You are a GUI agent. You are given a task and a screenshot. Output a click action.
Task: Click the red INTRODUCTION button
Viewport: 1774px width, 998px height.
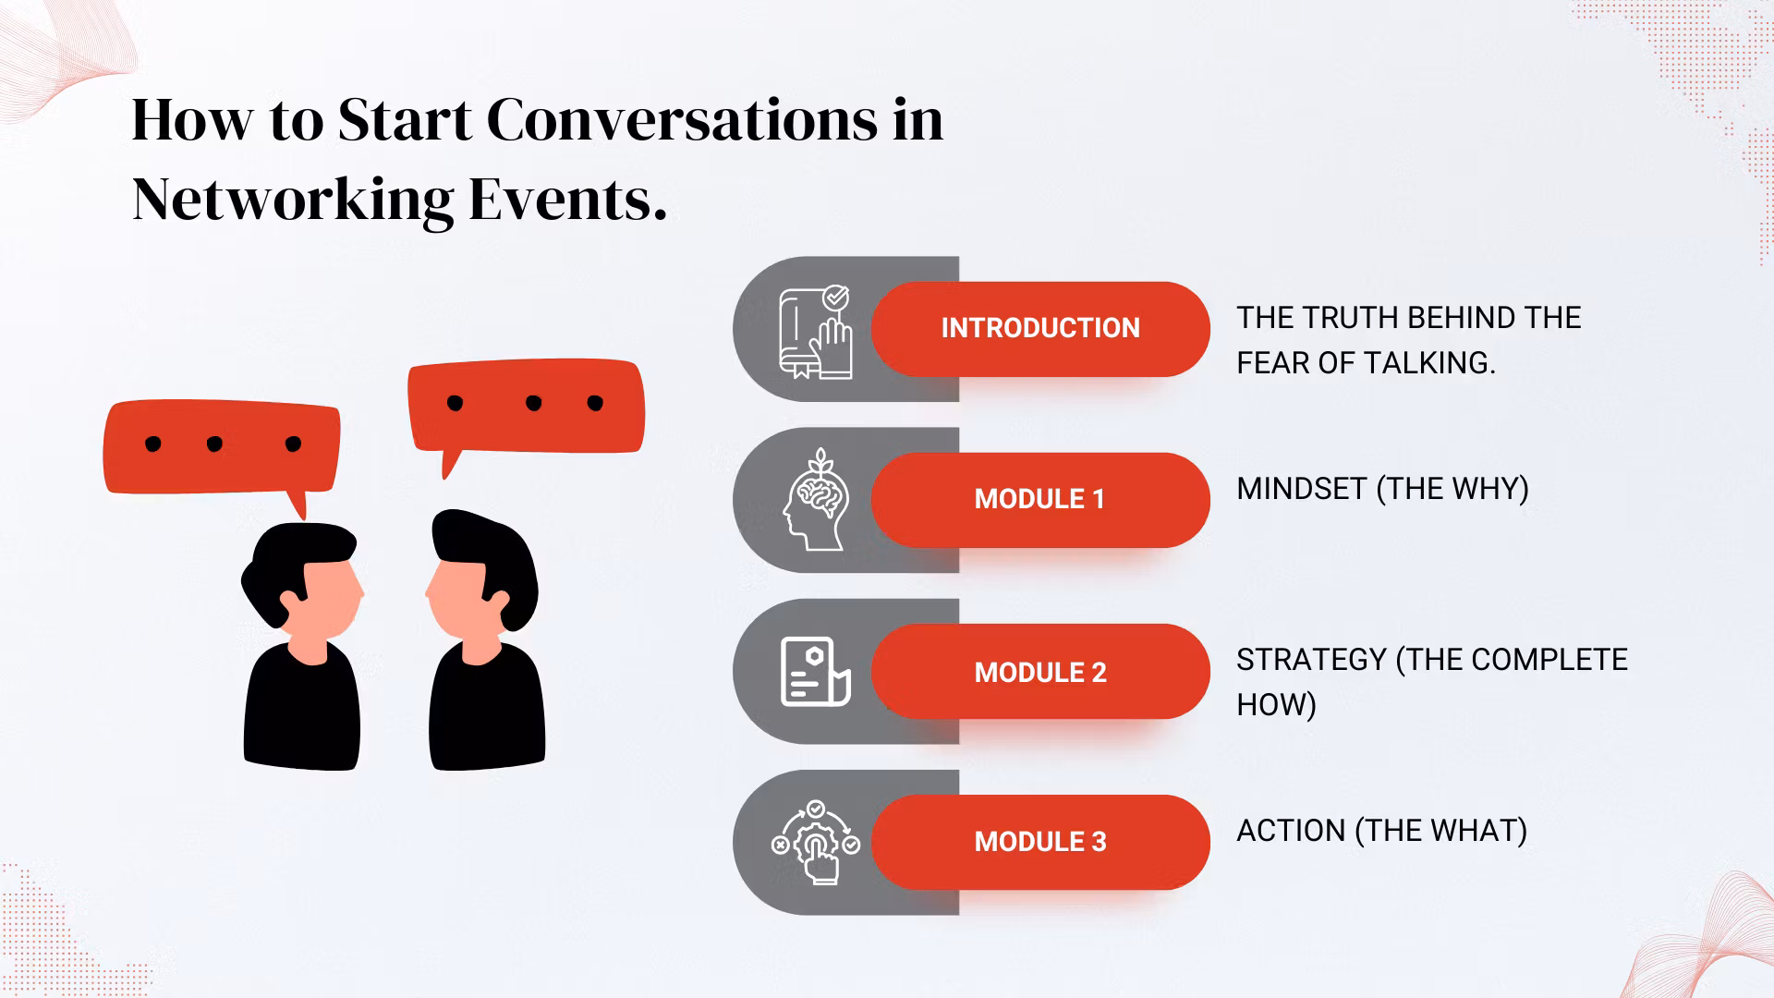[1040, 329]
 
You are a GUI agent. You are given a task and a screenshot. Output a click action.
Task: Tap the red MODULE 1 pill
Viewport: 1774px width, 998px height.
[1040, 500]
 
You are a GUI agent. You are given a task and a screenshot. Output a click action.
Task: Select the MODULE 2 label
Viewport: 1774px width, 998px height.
[1040, 672]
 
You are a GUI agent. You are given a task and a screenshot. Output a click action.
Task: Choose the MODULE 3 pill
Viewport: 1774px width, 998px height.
[1040, 842]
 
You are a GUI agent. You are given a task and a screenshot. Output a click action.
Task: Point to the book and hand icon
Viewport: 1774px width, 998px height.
[816, 332]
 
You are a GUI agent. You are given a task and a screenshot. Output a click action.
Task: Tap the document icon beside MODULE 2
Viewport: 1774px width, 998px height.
[815, 672]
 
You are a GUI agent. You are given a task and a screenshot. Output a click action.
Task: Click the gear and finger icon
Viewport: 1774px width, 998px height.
[816, 842]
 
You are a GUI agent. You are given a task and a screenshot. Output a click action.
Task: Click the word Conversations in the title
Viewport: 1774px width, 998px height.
[682, 120]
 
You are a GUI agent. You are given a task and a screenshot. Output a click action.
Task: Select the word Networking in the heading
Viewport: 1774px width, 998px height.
[293, 201]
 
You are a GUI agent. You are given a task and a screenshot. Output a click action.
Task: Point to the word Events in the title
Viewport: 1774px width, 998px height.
[567, 200]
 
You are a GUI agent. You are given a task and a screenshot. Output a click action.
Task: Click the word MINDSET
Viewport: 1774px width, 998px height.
[1302, 489]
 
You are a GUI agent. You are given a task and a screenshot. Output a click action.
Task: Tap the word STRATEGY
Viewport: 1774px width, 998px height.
[1312, 660]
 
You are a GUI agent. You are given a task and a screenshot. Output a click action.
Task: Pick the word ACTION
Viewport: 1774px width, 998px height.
[1291, 831]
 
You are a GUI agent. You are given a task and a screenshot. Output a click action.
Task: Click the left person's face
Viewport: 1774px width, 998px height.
[328, 601]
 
